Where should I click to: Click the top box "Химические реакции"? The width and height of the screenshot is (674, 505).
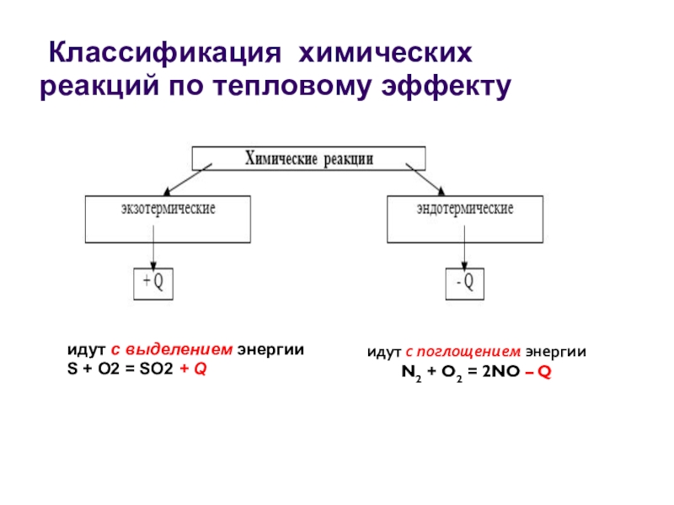[x=308, y=158]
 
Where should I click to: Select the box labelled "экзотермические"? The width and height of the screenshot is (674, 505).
[x=168, y=219]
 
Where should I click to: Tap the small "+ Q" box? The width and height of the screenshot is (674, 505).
[x=154, y=284]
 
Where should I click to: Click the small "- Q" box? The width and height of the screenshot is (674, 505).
[x=464, y=284]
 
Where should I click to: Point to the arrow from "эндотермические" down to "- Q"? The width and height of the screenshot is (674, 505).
[x=464, y=255]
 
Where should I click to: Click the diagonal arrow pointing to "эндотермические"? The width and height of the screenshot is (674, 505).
[x=425, y=178]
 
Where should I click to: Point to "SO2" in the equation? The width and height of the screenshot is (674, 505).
[x=157, y=369]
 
